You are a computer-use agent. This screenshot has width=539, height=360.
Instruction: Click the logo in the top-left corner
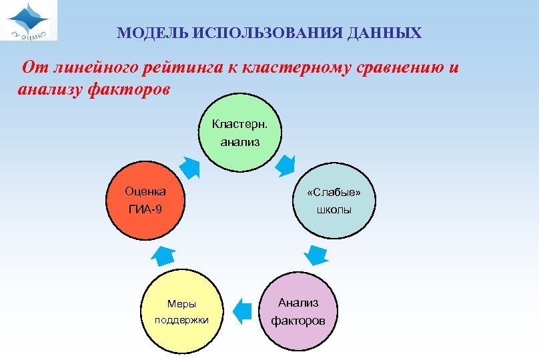pyautogui.click(x=29, y=21)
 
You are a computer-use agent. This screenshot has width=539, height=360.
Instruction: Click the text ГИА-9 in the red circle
pyautogui.click(x=145, y=211)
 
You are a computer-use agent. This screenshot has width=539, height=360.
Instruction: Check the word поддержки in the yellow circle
pyautogui.click(x=181, y=320)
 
